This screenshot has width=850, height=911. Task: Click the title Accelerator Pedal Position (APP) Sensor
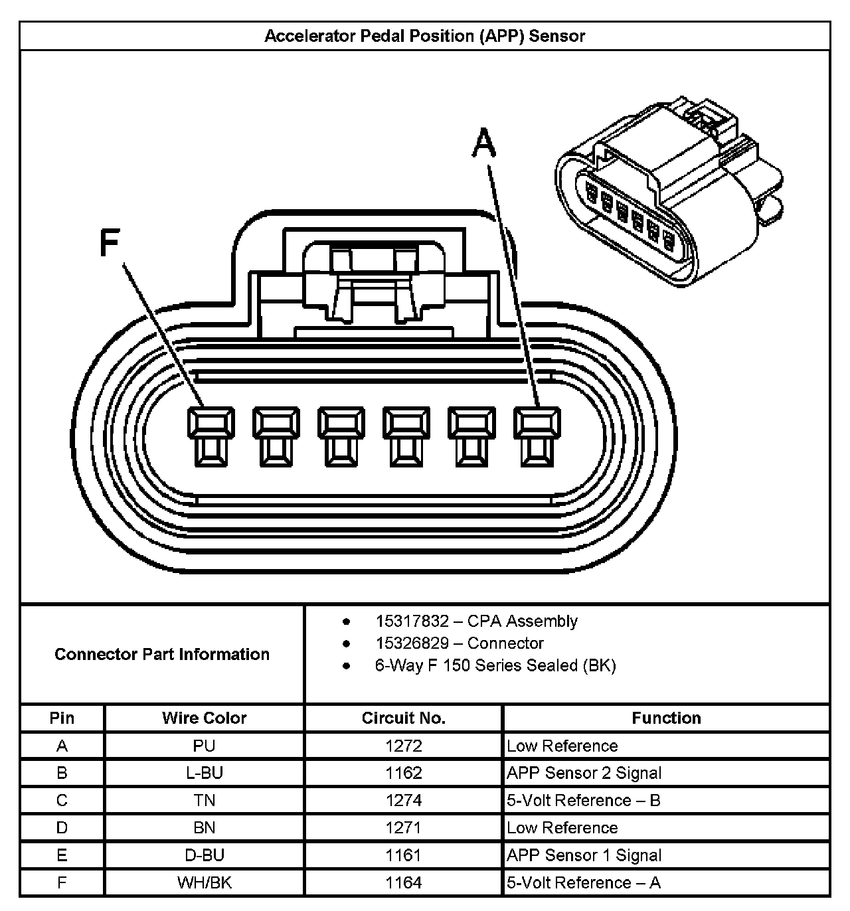424,36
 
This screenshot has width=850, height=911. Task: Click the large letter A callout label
484,143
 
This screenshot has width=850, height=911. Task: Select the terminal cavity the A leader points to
537,436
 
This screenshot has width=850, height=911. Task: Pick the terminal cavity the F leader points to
211,436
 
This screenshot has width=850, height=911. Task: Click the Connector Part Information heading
162,654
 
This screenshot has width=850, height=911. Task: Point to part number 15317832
412,621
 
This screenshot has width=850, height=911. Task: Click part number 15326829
412,643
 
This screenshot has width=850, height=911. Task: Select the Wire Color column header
204,718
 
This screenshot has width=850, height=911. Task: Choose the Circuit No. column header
403,718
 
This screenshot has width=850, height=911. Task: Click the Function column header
666,718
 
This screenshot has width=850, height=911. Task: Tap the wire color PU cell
204,746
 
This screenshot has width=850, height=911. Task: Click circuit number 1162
403,773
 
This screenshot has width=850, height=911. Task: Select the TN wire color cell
204,800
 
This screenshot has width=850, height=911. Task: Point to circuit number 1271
403,827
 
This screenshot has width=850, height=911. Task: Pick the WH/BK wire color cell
204,882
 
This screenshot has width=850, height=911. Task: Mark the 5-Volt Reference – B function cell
584,800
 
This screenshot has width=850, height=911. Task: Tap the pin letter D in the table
62,827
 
